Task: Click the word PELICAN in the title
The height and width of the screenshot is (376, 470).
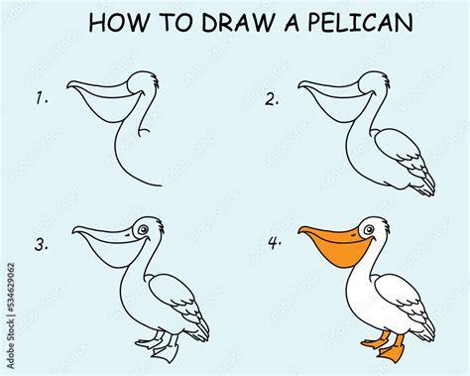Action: pyautogui.click(x=360, y=23)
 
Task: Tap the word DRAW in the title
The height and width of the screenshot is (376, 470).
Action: pyautogui.click(x=238, y=23)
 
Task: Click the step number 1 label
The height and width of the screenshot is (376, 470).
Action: pyautogui.click(x=42, y=98)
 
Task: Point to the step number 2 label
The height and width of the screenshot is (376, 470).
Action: pyautogui.click(x=272, y=99)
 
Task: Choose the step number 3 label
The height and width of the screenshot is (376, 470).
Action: pyautogui.click(x=42, y=245)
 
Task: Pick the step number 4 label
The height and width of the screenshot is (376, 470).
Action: pyautogui.click(x=275, y=243)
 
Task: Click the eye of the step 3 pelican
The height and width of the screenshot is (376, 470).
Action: pyautogui.click(x=143, y=229)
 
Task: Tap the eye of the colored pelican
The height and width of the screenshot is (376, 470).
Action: pyautogui.click(x=368, y=229)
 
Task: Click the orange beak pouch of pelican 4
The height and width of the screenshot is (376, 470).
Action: pyautogui.click(x=338, y=253)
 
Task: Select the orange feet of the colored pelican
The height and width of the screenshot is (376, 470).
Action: pyautogui.click(x=385, y=346)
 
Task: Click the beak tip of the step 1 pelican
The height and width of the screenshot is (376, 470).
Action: pyautogui.click(x=68, y=87)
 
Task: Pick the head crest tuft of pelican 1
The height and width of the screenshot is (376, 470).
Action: pyautogui.click(x=155, y=80)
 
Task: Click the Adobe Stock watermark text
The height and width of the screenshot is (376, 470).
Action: pyautogui.click(x=11, y=315)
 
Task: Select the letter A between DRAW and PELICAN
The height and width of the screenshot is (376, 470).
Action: pyautogui.click(x=292, y=23)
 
